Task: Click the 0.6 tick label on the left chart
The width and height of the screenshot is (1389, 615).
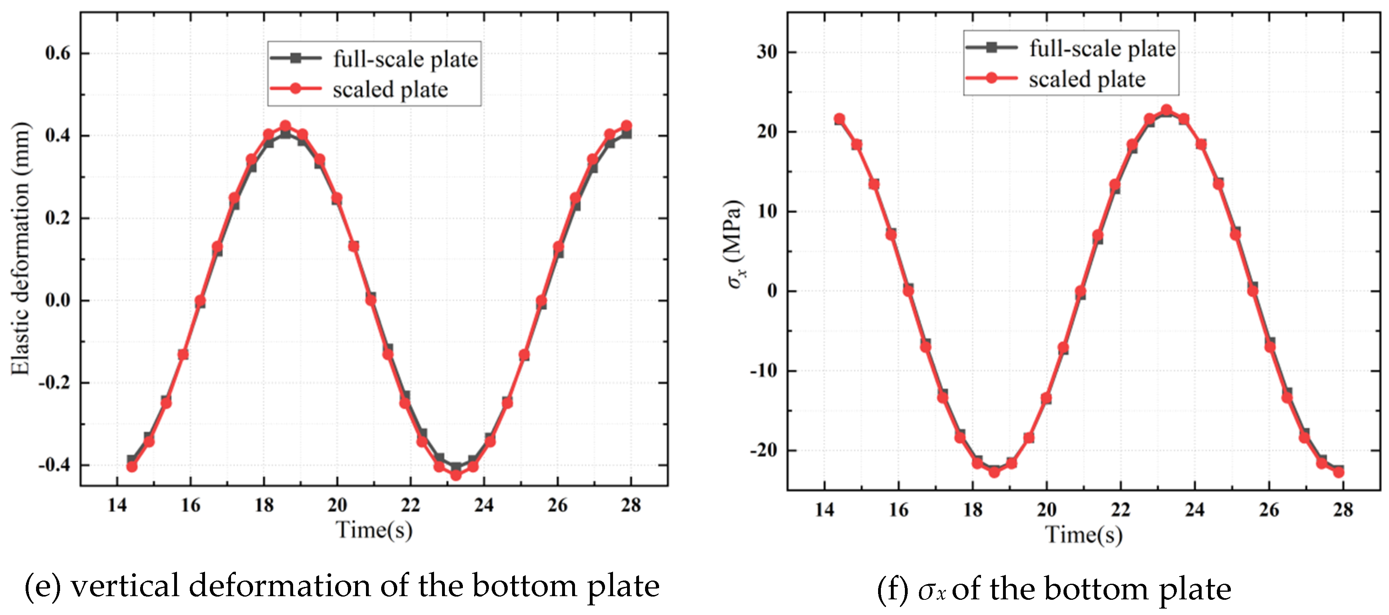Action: click(x=58, y=53)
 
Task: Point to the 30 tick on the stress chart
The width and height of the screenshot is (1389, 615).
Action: click(x=767, y=52)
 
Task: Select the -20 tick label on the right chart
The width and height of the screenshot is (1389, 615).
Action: click(x=764, y=450)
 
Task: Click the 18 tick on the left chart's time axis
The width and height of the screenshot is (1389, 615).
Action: click(x=264, y=506)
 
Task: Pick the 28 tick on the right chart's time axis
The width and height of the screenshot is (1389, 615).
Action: click(x=1343, y=510)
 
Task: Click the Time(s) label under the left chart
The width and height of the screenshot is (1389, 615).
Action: click(x=374, y=530)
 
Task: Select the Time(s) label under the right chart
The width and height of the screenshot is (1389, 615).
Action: click(x=1084, y=534)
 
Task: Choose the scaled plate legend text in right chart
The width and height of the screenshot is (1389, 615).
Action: click(x=1087, y=79)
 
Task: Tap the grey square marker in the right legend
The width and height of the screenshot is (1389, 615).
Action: click(x=991, y=47)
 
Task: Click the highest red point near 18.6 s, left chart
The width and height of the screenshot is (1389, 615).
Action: click(x=285, y=126)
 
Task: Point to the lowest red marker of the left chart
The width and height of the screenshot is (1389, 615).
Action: click(x=456, y=475)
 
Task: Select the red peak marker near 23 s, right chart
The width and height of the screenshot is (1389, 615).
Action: click(x=1166, y=111)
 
